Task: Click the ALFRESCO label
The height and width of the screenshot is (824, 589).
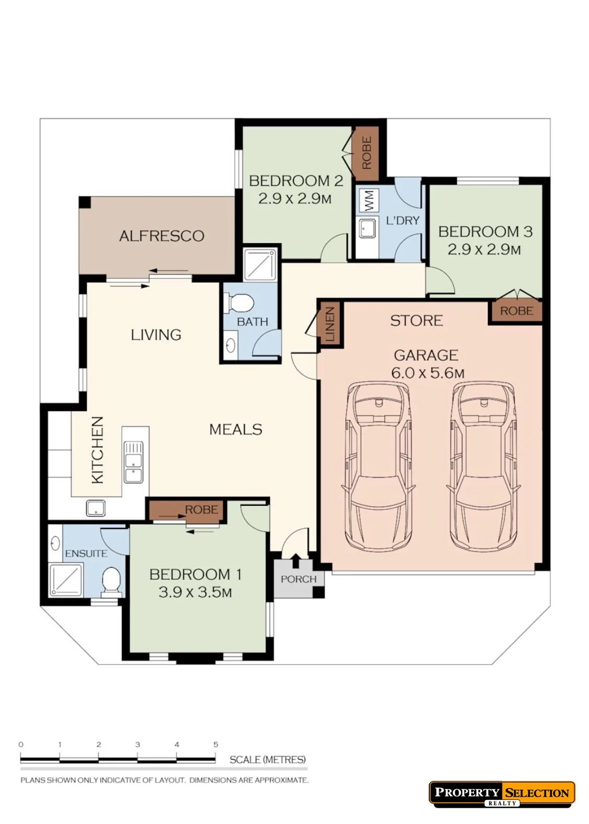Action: [x=162, y=236]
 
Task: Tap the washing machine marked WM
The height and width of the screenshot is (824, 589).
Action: [x=369, y=200]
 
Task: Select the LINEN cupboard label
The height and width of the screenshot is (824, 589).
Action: [x=330, y=324]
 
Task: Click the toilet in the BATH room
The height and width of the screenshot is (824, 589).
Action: [x=239, y=303]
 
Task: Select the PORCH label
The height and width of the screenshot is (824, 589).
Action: [x=298, y=579]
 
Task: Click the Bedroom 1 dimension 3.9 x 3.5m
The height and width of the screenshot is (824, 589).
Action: [x=195, y=593]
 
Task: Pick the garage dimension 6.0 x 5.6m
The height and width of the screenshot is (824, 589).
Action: [x=428, y=373]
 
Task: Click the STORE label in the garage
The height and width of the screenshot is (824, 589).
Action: [x=416, y=321]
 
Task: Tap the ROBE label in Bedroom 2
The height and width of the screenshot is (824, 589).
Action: [x=366, y=153]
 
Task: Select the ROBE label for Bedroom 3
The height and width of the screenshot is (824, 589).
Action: [x=516, y=311]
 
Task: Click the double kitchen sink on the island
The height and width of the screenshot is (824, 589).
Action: [x=134, y=462]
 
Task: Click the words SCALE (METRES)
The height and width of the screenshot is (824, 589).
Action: [x=268, y=760]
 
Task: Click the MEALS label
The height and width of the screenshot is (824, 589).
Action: [x=236, y=429]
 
